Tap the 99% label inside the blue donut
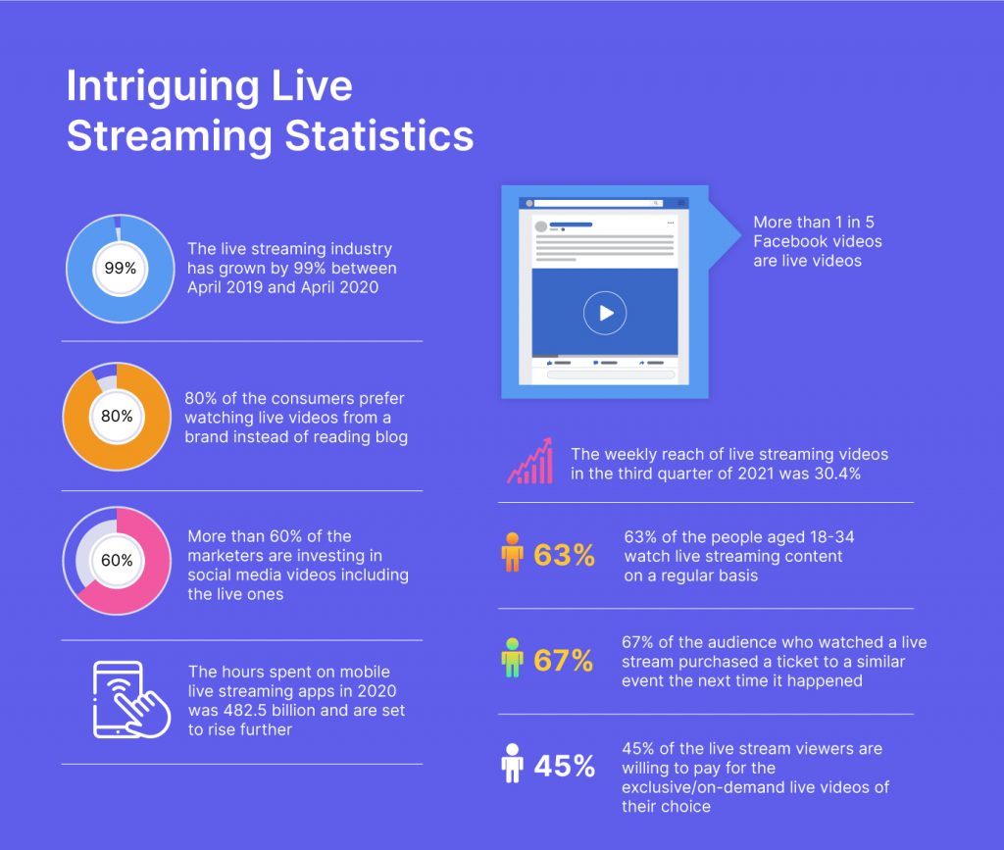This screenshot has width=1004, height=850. point(120,268)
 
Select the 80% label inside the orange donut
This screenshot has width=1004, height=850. point(117,416)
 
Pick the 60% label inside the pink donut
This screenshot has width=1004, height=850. point(117,562)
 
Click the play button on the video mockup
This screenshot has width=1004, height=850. point(604,313)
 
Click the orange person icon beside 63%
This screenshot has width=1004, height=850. point(512,554)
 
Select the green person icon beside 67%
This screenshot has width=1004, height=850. point(512,659)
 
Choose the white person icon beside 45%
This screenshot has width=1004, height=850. point(512,765)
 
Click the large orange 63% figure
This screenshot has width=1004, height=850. point(565,556)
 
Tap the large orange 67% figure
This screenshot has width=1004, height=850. point(564,661)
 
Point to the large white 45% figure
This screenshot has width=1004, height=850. point(565,767)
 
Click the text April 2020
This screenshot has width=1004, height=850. point(341,287)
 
